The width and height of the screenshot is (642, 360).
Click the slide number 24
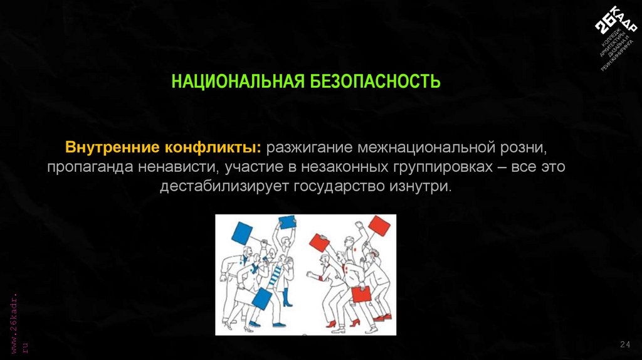tap(624, 344)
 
